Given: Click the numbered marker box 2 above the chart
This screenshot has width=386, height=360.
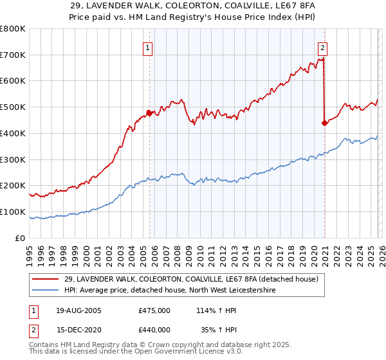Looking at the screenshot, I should click(x=322, y=48).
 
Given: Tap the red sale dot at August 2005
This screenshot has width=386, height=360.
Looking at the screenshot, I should click(x=149, y=113).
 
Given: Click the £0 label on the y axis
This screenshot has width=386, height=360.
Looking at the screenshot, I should click(x=21, y=238).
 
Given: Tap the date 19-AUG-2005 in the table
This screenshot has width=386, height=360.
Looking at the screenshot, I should click(x=78, y=310).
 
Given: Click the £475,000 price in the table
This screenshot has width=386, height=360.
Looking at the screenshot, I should click(x=154, y=310).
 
